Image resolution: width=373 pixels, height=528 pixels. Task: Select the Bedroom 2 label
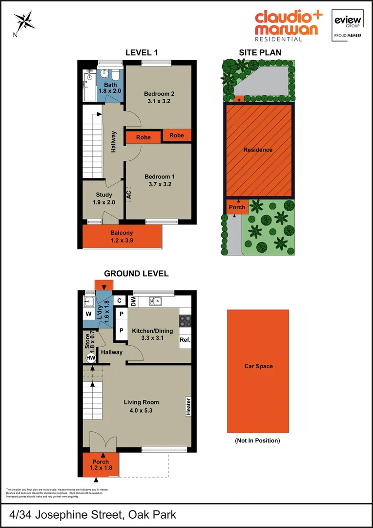pos(159,94)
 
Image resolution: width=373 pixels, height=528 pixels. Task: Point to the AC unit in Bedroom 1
pos(128,194)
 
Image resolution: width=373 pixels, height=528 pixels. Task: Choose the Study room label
pos(104,195)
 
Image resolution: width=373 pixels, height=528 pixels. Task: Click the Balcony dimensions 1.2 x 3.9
pos(121,240)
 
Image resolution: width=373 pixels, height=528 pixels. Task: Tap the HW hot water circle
pos(90,358)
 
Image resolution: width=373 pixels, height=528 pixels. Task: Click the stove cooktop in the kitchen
pos(186,321)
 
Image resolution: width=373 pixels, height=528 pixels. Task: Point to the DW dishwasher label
pos(133,302)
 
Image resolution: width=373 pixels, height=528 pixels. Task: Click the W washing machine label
pos(89,313)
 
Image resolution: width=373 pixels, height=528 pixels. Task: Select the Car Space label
pos(258,366)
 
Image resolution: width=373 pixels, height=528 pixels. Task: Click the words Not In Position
pos(257,440)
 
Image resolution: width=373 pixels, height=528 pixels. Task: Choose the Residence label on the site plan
pos(258,150)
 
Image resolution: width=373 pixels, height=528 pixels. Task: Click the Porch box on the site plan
pos(237,207)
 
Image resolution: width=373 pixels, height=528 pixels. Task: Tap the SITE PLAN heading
pos(260,53)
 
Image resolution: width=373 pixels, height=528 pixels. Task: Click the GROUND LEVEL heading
pos(136,274)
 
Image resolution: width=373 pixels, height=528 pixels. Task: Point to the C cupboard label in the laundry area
pos(119,300)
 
